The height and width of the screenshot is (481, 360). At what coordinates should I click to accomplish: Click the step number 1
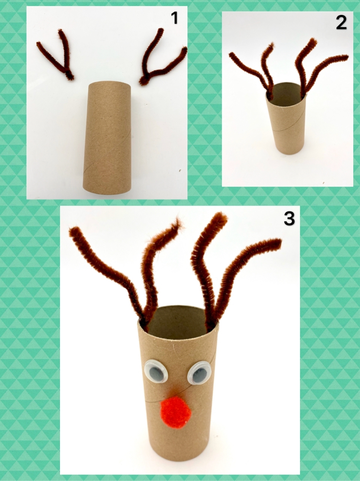(175, 18)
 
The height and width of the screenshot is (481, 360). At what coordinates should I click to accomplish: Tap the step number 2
(341, 23)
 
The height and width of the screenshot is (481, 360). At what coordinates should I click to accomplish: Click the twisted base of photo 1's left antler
(70, 75)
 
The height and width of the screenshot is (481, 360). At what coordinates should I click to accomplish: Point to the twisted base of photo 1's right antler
(143, 81)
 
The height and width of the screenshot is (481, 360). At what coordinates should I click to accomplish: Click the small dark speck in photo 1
(180, 170)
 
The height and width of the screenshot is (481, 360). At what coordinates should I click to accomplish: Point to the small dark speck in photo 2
(323, 182)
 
